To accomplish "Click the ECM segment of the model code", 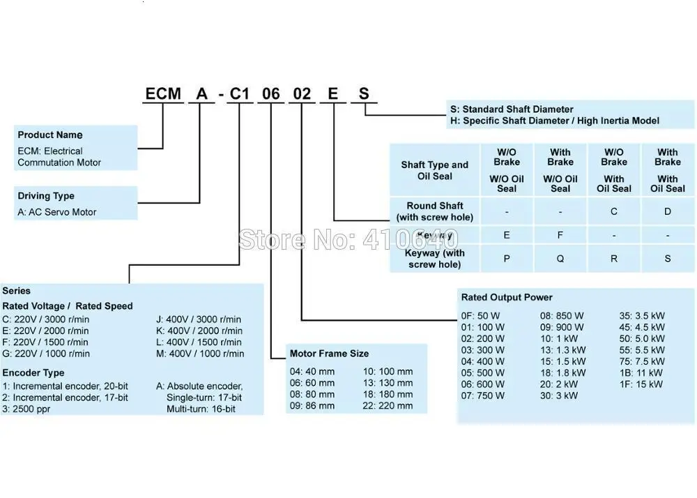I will (163, 93).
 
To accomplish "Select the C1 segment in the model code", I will (240, 93).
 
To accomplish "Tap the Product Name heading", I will (50, 135).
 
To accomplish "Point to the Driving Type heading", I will (46, 196).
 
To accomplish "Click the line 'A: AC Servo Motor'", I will (57, 212).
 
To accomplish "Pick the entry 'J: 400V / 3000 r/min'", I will (199, 319).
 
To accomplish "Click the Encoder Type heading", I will (33, 373).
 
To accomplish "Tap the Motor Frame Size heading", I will (329, 354).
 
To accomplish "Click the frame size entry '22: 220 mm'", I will (388, 406).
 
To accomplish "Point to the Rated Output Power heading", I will (507, 298).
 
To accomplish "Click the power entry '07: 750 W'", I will (483, 395).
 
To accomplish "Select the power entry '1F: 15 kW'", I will (641, 384).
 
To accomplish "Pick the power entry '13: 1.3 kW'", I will (563, 350).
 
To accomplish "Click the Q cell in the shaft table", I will (560, 258).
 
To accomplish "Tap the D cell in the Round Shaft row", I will (668, 211).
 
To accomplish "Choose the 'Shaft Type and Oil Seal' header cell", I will (435, 170).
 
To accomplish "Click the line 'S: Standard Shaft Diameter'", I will (512, 110).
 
